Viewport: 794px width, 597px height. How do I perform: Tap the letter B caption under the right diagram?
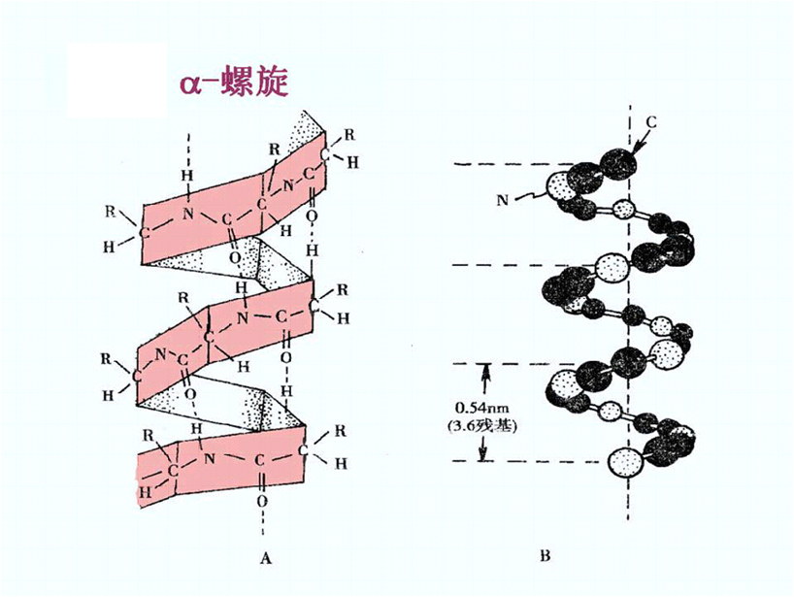pyautogui.click(x=546, y=556)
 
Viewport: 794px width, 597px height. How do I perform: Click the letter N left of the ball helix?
pyautogui.click(x=503, y=200)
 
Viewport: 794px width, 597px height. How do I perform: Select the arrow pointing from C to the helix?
pyautogui.click(x=640, y=139)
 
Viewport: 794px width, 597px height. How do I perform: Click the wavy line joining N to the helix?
pyautogui.click(x=529, y=196)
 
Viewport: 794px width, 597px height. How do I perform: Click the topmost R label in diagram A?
pyautogui.click(x=349, y=133)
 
